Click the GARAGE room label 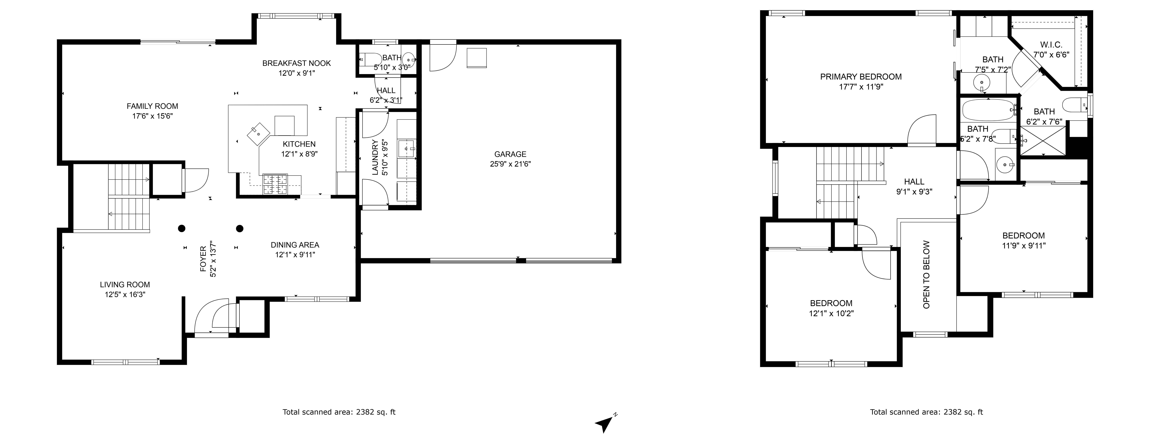point(510,154)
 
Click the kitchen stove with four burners point(276,185)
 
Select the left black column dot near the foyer point(182,228)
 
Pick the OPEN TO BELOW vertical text point(926,274)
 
